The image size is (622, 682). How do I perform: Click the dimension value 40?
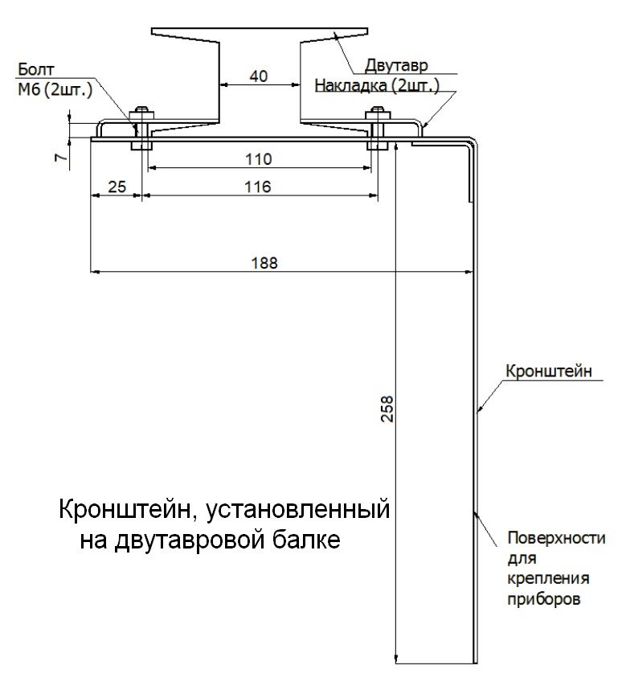pyautogui.click(x=258, y=76)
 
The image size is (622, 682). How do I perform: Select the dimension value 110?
pyautogui.click(x=258, y=158)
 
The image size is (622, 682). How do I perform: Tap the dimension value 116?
pyautogui.click(x=258, y=187)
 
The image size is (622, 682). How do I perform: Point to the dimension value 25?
pyautogui.click(x=117, y=187)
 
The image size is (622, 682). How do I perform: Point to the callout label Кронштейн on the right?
pyautogui.click(x=549, y=371)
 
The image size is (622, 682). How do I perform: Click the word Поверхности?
pyautogui.click(x=556, y=538)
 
